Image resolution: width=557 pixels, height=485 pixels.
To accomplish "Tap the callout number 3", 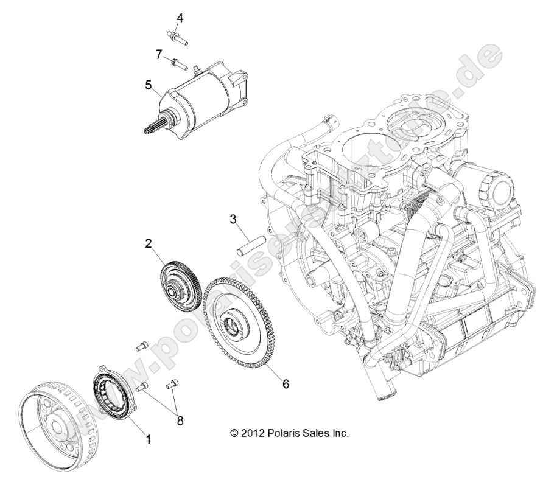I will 233,219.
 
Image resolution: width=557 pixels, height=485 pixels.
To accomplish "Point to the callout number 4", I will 180,18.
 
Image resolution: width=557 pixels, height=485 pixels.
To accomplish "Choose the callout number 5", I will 148,85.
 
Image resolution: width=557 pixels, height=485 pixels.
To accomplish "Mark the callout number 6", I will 285,384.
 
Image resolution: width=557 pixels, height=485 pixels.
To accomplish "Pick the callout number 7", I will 159,54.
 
